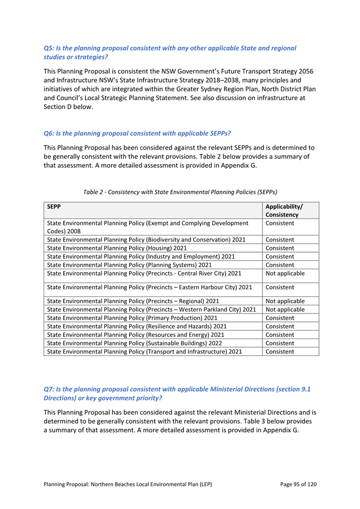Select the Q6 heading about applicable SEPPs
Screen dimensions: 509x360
point(137,132)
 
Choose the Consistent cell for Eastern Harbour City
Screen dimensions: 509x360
point(281,288)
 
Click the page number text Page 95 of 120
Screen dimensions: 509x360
point(299,484)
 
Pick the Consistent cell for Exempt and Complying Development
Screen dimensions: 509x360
point(281,223)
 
